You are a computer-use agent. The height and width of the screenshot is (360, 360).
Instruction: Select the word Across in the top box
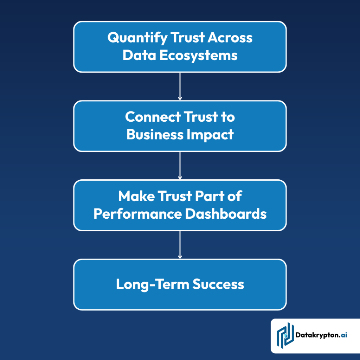coord(230,38)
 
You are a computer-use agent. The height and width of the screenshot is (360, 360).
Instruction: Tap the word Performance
coord(137,214)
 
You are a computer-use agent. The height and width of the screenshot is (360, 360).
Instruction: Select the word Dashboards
coord(226,214)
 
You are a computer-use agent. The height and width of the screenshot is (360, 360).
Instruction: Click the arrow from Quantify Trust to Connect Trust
coord(180,86)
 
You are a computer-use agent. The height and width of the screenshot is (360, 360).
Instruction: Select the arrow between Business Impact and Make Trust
coord(180,166)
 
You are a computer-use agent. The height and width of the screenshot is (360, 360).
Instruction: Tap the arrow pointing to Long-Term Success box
coord(180,245)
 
